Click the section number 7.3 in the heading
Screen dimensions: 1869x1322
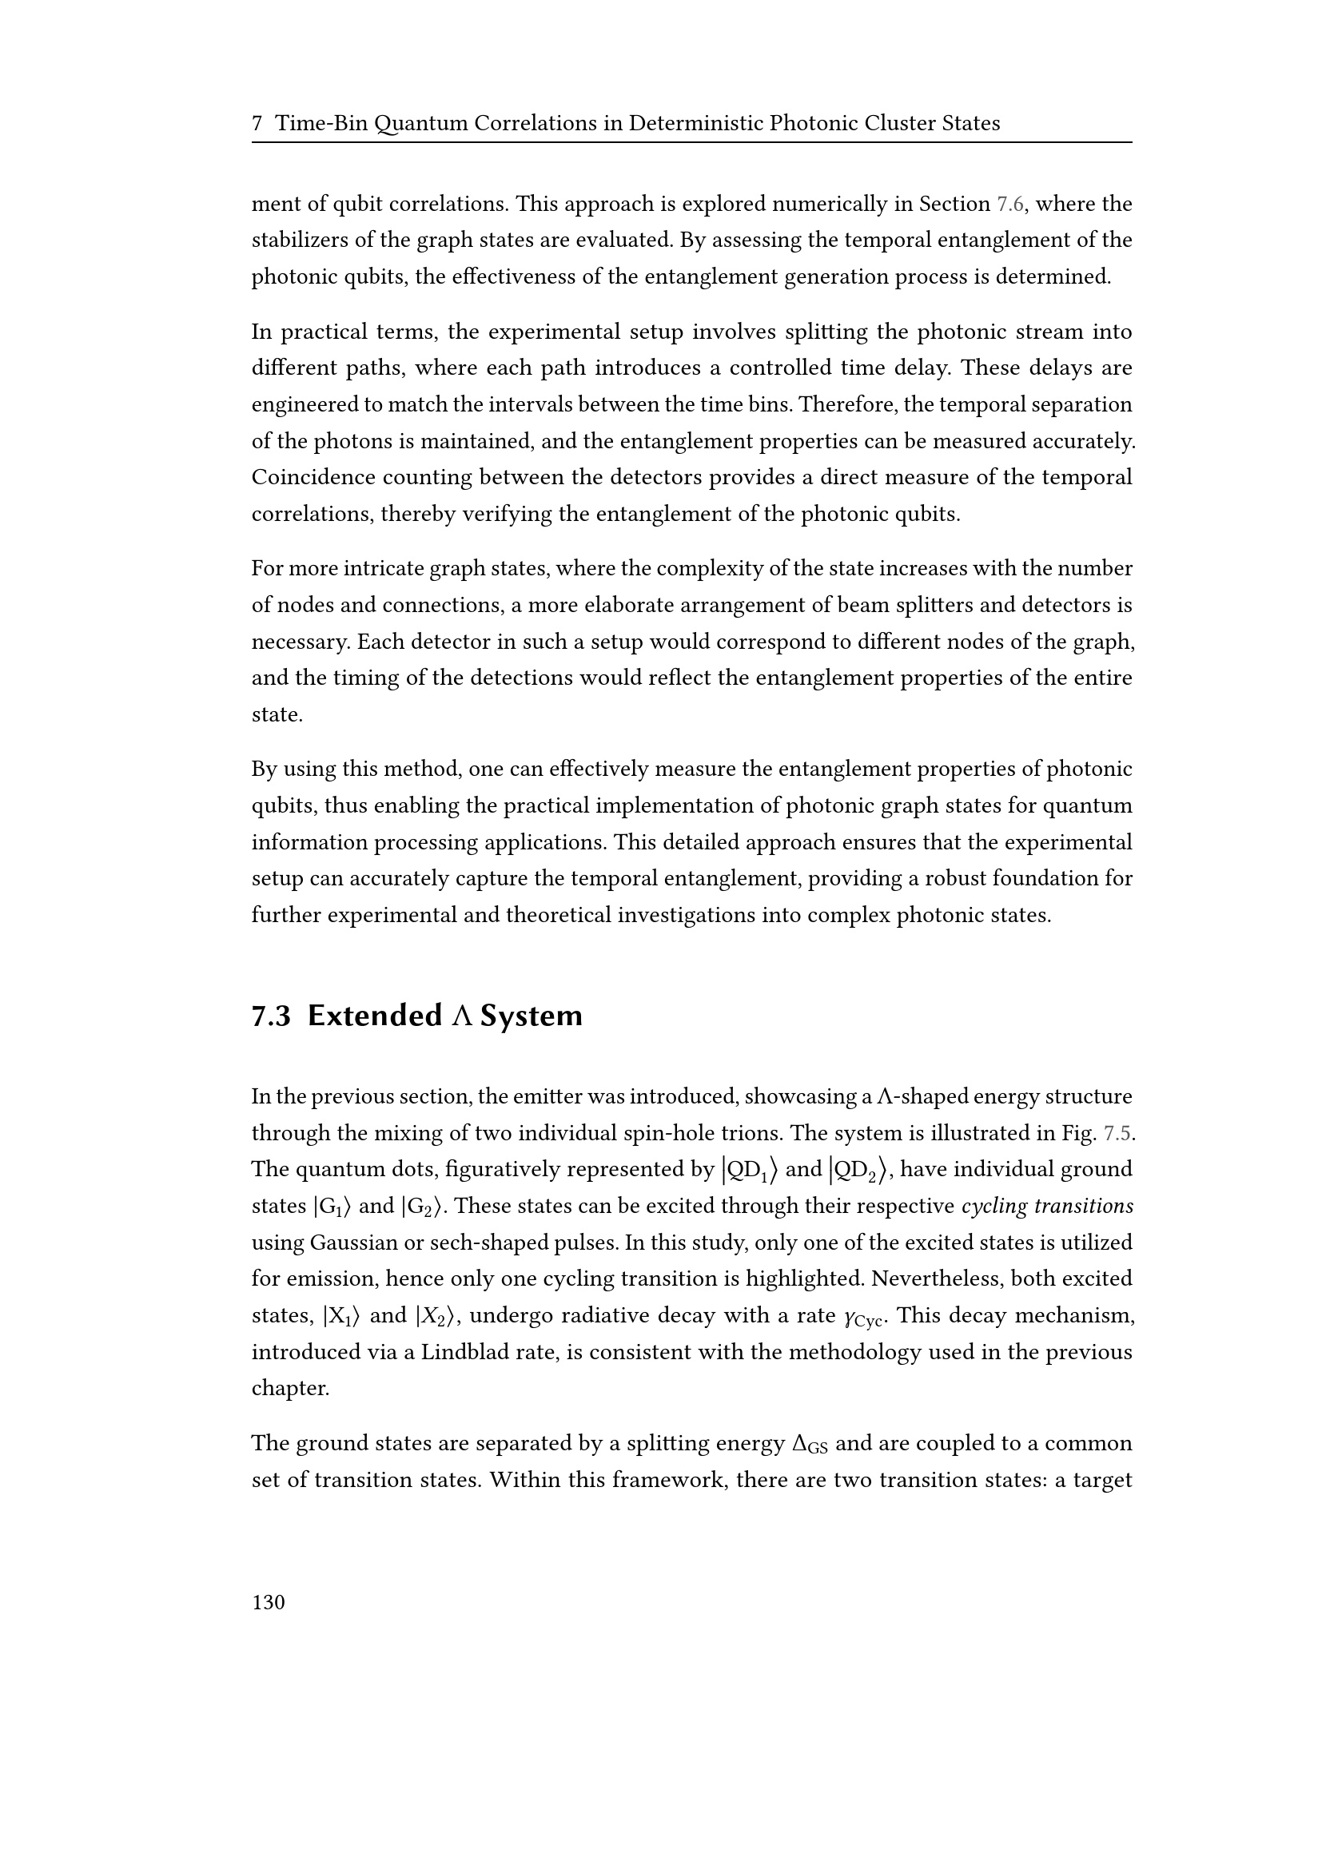(271, 1016)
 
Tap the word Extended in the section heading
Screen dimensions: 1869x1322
(374, 1016)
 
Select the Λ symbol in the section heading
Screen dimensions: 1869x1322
(460, 1016)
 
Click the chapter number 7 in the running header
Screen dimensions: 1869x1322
(257, 124)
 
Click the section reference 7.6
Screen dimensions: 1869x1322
(1012, 205)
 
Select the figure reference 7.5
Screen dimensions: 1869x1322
(1118, 1133)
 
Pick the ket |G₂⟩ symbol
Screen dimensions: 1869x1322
(423, 1207)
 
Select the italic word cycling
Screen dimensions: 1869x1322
(994, 1207)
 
